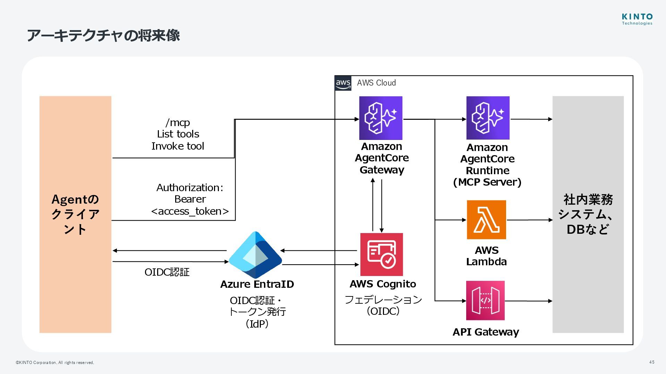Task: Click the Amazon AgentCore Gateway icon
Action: pos(381,118)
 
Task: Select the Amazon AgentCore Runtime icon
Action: pos(488,118)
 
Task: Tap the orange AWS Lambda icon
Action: pos(486,220)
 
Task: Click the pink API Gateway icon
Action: pos(485,300)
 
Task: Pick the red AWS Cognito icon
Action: pos(382,254)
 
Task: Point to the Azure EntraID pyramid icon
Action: pos(255,255)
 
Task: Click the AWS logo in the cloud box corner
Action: pos(343,83)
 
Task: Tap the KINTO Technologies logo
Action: pos(637,19)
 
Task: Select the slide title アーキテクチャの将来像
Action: pos(103,35)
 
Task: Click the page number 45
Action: pos(652,362)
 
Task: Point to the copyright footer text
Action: pos(55,363)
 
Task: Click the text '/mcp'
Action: pos(178,123)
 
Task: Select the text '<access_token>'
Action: pos(190,211)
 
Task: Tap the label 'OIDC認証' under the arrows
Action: pos(167,272)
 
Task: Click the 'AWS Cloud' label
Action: pos(376,83)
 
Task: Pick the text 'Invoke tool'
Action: pos(178,146)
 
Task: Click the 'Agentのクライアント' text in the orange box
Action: pos(75,214)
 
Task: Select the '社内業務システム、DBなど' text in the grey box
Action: pos(588,214)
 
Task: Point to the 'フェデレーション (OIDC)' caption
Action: pos(383,305)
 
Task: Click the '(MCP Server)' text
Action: pos(487,182)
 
